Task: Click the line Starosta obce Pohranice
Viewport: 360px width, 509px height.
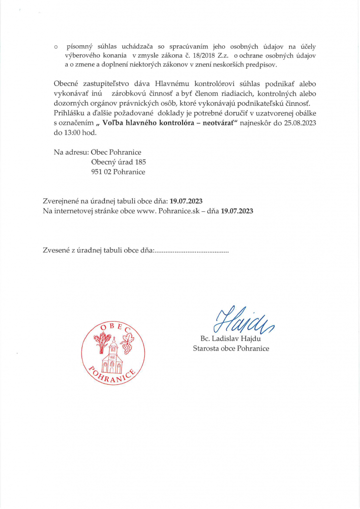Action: (231, 348)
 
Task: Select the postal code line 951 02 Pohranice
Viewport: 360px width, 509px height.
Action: (118, 172)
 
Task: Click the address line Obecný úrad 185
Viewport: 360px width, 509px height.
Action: (118, 162)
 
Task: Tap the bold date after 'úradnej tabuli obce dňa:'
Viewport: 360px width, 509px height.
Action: (186, 201)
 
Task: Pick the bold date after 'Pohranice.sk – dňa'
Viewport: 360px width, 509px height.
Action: (237, 211)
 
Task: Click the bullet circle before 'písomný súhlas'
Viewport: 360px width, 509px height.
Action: (56, 46)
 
